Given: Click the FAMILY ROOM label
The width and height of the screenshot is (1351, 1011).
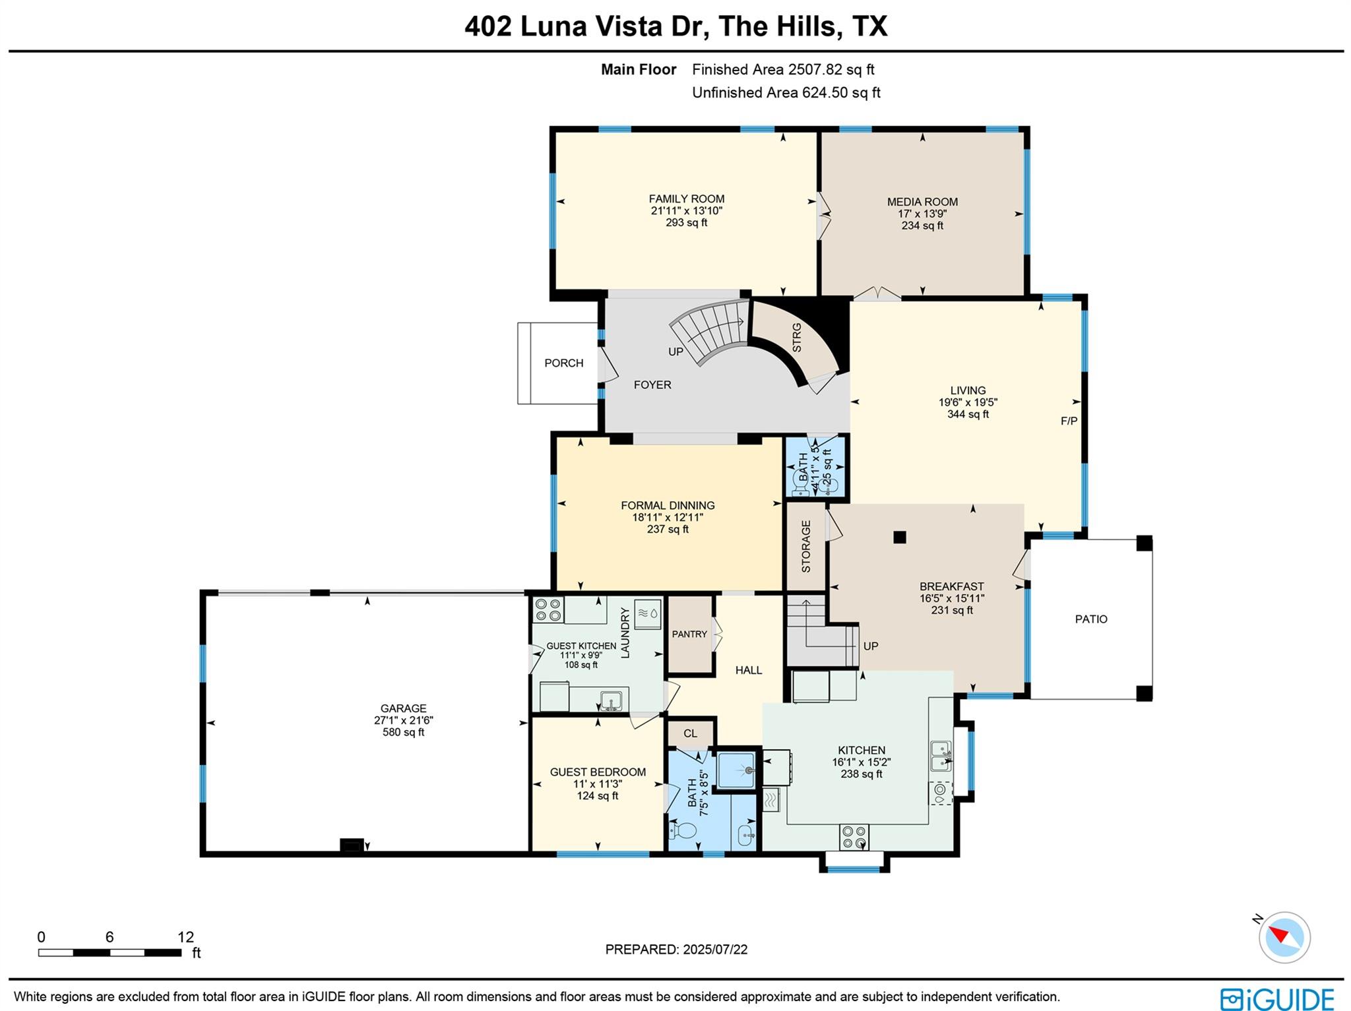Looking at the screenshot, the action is [686, 199].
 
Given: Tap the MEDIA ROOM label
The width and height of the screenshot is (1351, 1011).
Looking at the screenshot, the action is [922, 202].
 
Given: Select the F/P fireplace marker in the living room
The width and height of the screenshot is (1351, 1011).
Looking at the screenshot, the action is [1069, 421].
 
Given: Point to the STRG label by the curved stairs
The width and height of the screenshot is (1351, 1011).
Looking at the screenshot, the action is [796, 337].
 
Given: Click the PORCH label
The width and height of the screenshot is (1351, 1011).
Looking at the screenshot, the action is [563, 363].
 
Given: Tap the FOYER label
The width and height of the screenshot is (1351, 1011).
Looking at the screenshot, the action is [652, 384].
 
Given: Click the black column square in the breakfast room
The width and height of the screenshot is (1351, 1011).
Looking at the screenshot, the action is [900, 537].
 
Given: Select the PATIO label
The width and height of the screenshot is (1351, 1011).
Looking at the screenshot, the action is [1091, 619].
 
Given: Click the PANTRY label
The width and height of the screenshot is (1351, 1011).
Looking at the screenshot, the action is [689, 634].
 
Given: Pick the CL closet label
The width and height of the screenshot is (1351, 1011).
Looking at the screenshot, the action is [690, 733].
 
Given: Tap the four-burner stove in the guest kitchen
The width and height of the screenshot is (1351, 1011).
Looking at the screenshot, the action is [548, 609].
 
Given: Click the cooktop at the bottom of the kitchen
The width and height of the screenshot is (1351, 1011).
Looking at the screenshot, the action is [854, 838].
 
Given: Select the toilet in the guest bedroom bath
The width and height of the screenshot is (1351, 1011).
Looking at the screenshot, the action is [684, 830].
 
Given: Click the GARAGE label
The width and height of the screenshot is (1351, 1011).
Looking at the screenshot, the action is [403, 708].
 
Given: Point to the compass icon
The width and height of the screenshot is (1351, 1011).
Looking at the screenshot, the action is [1284, 937].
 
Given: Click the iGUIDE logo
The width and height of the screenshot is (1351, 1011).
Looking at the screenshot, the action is [1276, 998].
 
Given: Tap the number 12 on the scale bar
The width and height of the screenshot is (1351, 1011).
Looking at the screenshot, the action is [185, 937].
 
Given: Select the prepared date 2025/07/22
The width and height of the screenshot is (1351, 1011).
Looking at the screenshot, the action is [715, 950].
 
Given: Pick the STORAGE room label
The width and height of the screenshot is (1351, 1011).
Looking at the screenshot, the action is [805, 546].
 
